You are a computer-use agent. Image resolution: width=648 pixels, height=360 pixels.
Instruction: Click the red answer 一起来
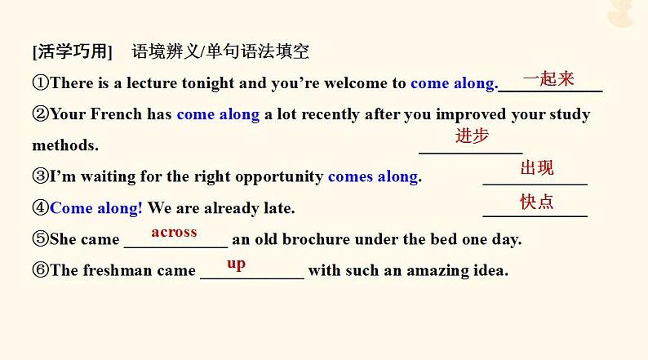pyautogui.click(x=548, y=78)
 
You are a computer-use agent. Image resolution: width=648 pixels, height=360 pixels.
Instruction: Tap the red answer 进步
pyautogui.click(x=472, y=136)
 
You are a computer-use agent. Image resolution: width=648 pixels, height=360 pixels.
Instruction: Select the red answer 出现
pyautogui.click(x=537, y=168)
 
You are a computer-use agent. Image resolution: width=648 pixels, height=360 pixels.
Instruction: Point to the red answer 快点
pyautogui.click(x=536, y=202)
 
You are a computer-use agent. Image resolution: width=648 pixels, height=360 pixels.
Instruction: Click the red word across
pyautogui.click(x=174, y=233)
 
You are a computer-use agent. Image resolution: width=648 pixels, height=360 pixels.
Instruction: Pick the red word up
pyautogui.click(x=237, y=264)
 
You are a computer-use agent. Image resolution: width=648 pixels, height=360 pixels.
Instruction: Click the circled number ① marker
pyautogui.click(x=41, y=82)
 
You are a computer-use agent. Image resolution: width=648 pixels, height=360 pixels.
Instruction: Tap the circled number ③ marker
pyautogui.click(x=41, y=176)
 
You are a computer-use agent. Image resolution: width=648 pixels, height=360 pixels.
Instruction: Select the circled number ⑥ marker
pyautogui.click(x=41, y=270)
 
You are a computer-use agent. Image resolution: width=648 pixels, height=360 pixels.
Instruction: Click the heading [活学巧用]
pyautogui.click(x=73, y=51)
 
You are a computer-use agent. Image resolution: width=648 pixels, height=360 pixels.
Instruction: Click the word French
pyautogui.click(x=116, y=114)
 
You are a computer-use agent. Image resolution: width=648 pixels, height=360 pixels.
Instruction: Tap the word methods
pyautogui.click(x=65, y=145)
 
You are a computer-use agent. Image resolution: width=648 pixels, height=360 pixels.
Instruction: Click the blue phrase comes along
pyautogui.click(x=373, y=177)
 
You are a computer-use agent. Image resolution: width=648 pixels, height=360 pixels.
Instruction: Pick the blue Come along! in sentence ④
pyautogui.click(x=95, y=208)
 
